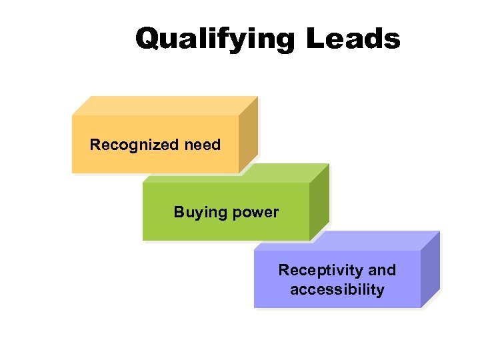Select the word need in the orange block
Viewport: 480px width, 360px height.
click(x=203, y=145)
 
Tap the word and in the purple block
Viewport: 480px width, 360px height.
click(x=382, y=270)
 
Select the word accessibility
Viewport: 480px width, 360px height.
click(x=337, y=290)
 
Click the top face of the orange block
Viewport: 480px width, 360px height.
click(x=160, y=105)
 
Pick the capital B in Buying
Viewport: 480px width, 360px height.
click(x=179, y=212)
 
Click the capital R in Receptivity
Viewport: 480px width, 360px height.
click(x=283, y=270)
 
